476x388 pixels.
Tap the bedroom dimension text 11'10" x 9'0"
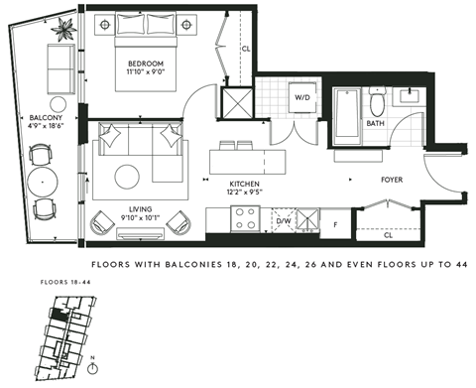pyautogui.click(x=144, y=72)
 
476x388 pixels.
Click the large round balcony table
pyautogui.click(x=43, y=182)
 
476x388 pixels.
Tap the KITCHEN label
pyautogui.click(x=245, y=183)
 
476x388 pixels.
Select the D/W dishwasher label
pyautogui.click(x=283, y=222)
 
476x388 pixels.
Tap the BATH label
pyautogui.click(x=376, y=124)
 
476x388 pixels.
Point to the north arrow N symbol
pyautogui.click(x=92, y=356)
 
